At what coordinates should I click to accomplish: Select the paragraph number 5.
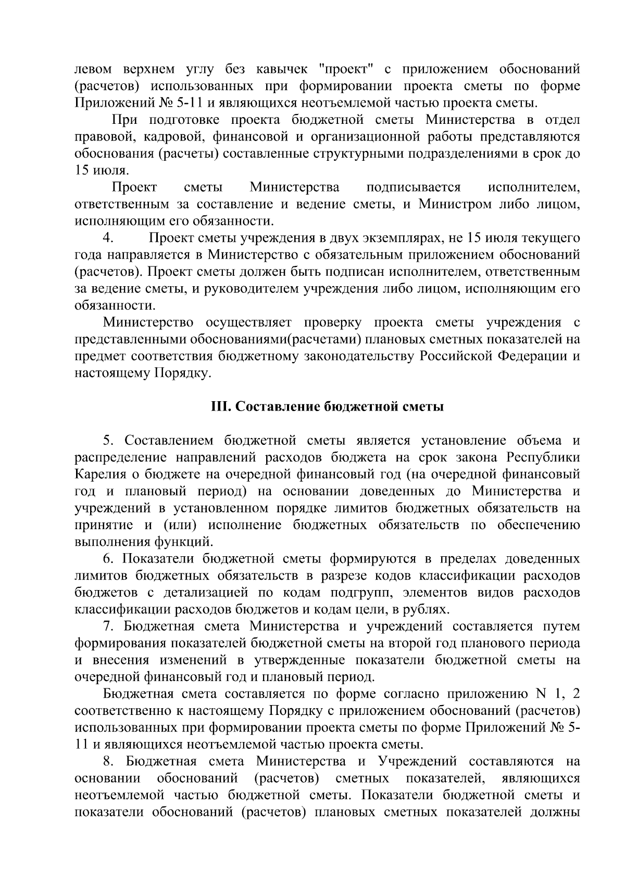coord(108,440)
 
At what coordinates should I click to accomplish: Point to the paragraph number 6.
coord(108,559)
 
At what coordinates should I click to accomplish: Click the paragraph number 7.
coord(108,626)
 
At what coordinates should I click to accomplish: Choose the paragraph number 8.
coord(108,761)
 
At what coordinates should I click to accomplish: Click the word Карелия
coord(97,475)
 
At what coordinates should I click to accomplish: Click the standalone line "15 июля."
coord(101,170)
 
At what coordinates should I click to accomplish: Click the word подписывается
coord(414,187)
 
